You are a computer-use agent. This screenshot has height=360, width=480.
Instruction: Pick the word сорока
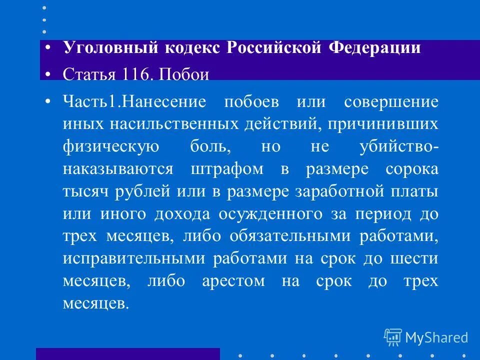412,168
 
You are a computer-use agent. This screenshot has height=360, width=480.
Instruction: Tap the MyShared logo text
436,337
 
